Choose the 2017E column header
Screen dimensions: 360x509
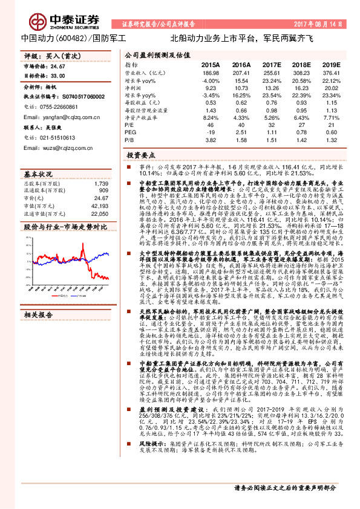pos(272,64)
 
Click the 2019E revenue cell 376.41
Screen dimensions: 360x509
pos(332,72)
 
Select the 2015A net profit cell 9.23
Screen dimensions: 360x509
pos(211,88)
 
